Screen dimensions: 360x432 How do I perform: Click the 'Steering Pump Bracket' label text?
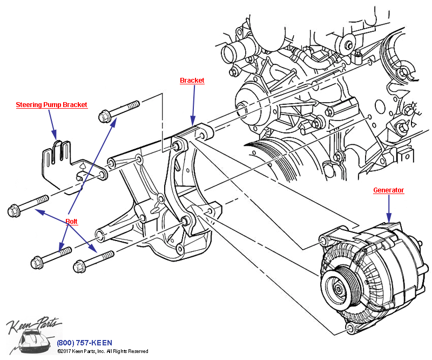pyautogui.click(x=51, y=105)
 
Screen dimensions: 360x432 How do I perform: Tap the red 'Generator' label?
pyautogui.click(x=389, y=190)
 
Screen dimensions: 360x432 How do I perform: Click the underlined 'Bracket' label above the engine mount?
pyautogui.click(x=192, y=81)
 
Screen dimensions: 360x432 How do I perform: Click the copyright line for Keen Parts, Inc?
pyautogui.click(x=103, y=351)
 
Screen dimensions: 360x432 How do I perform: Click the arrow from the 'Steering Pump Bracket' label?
pyautogui.click(x=53, y=124)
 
